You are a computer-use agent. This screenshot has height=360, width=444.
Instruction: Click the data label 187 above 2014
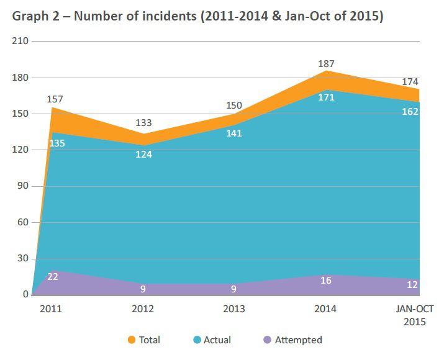(325, 64)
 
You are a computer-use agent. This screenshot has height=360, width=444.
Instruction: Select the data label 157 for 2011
(55, 99)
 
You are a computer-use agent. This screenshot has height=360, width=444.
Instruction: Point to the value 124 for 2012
(143, 154)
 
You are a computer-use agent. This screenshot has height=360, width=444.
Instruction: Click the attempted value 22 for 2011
(53, 277)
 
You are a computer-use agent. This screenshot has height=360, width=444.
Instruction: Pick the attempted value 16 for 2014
(326, 281)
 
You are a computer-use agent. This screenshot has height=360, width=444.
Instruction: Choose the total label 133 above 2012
(143, 122)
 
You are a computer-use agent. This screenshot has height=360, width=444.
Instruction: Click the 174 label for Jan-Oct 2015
(410, 82)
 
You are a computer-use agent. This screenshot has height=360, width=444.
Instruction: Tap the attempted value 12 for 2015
(411, 284)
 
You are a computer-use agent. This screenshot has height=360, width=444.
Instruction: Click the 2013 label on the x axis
(234, 308)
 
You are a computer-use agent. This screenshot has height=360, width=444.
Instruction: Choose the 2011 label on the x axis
(50, 308)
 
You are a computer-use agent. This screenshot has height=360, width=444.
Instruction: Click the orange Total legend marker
(131, 340)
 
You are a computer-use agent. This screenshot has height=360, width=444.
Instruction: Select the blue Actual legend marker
(197, 340)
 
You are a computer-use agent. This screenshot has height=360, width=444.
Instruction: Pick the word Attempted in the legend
(298, 340)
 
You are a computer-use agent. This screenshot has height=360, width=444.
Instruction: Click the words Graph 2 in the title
(34, 17)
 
